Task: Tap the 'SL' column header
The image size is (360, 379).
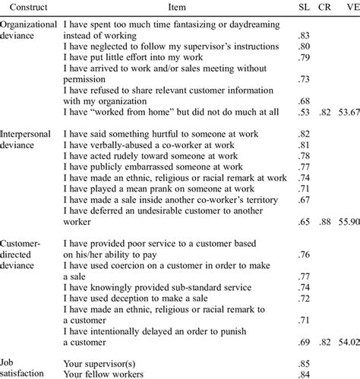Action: pyautogui.click(x=302, y=7)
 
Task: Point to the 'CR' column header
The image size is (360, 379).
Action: pyautogui.click(x=325, y=7)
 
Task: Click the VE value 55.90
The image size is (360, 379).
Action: pyautogui.click(x=349, y=222)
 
